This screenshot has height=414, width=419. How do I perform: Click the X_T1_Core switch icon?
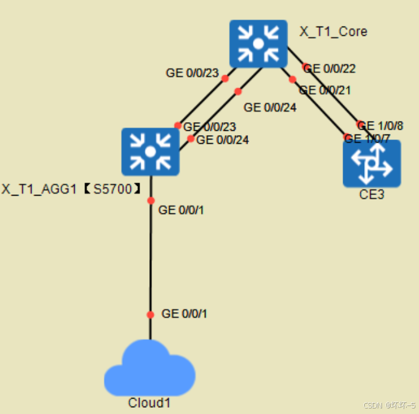(258, 44)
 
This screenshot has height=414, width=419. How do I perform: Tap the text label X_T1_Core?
(333, 31)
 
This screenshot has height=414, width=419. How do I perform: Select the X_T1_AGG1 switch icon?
(150, 151)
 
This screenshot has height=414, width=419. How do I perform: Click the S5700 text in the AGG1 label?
(113, 189)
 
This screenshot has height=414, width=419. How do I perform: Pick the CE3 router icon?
(371, 164)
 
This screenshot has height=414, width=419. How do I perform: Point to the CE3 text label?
(371, 195)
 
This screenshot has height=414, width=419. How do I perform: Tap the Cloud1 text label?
(149, 403)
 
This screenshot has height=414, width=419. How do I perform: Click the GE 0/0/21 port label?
(325, 90)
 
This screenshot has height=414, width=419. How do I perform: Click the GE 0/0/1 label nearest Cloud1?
(184, 314)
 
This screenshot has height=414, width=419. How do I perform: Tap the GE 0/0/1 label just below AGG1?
(181, 210)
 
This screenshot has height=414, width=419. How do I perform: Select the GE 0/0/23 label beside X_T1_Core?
(193, 73)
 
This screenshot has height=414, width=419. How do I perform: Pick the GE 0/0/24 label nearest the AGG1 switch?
(222, 140)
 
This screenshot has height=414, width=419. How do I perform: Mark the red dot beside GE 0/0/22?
(306, 67)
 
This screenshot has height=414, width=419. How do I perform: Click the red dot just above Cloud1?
(150, 315)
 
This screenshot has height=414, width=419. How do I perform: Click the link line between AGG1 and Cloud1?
(150, 259)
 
